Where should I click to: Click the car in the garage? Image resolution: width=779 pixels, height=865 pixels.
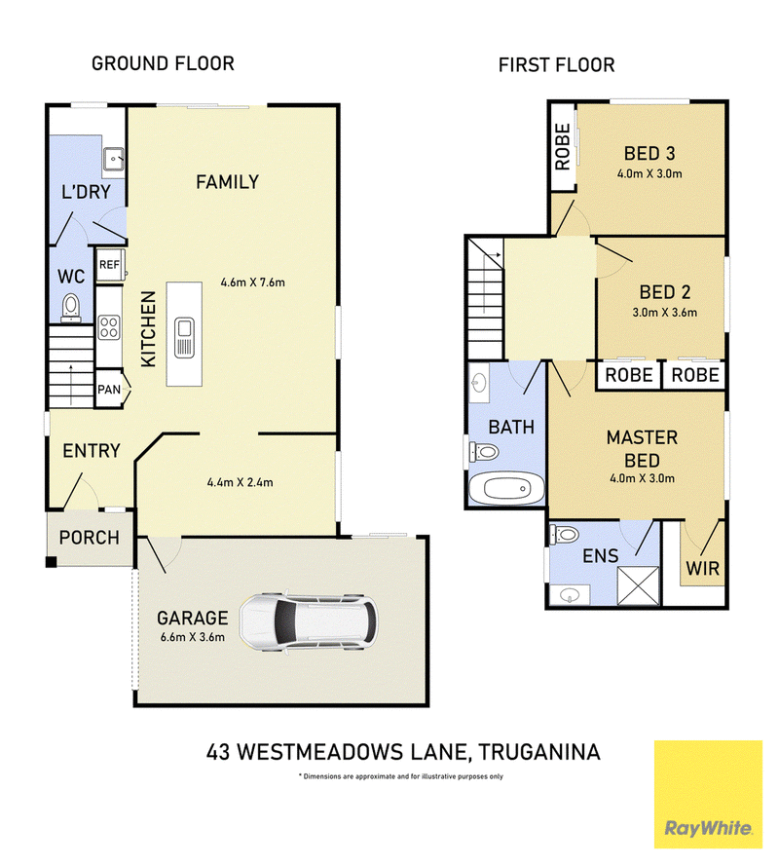[x=309, y=622]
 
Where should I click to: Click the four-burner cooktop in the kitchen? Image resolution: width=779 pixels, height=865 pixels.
[x=109, y=326]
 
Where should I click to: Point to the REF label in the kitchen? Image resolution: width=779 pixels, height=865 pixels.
[x=109, y=265]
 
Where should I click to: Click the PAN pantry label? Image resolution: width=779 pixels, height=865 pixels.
[x=109, y=390]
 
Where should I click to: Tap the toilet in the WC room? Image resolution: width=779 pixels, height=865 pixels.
[x=70, y=307]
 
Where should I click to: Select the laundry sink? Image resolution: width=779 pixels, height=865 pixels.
[x=114, y=160]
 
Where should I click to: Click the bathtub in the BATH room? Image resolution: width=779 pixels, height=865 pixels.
[x=506, y=488]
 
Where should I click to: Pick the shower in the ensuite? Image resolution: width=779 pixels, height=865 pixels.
[x=638, y=585]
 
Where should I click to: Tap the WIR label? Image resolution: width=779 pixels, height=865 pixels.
[x=702, y=568]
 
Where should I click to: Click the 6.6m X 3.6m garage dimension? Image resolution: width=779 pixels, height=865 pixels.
[x=193, y=637]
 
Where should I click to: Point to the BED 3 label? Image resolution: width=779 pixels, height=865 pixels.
[x=649, y=153]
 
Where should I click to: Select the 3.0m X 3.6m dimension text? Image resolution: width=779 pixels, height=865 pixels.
[x=664, y=313]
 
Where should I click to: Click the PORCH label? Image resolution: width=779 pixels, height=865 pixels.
[x=90, y=538]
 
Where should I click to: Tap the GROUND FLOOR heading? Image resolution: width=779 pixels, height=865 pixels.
[x=163, y=63]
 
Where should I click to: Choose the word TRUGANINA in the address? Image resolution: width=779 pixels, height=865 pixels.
[x=538, y=752]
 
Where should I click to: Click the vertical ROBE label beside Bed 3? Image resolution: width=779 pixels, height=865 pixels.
[x=562, y=147]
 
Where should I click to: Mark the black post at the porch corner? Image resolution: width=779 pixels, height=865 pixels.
[x=51, y=562]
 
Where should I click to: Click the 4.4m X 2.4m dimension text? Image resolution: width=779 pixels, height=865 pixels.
[x=240, y=482]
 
